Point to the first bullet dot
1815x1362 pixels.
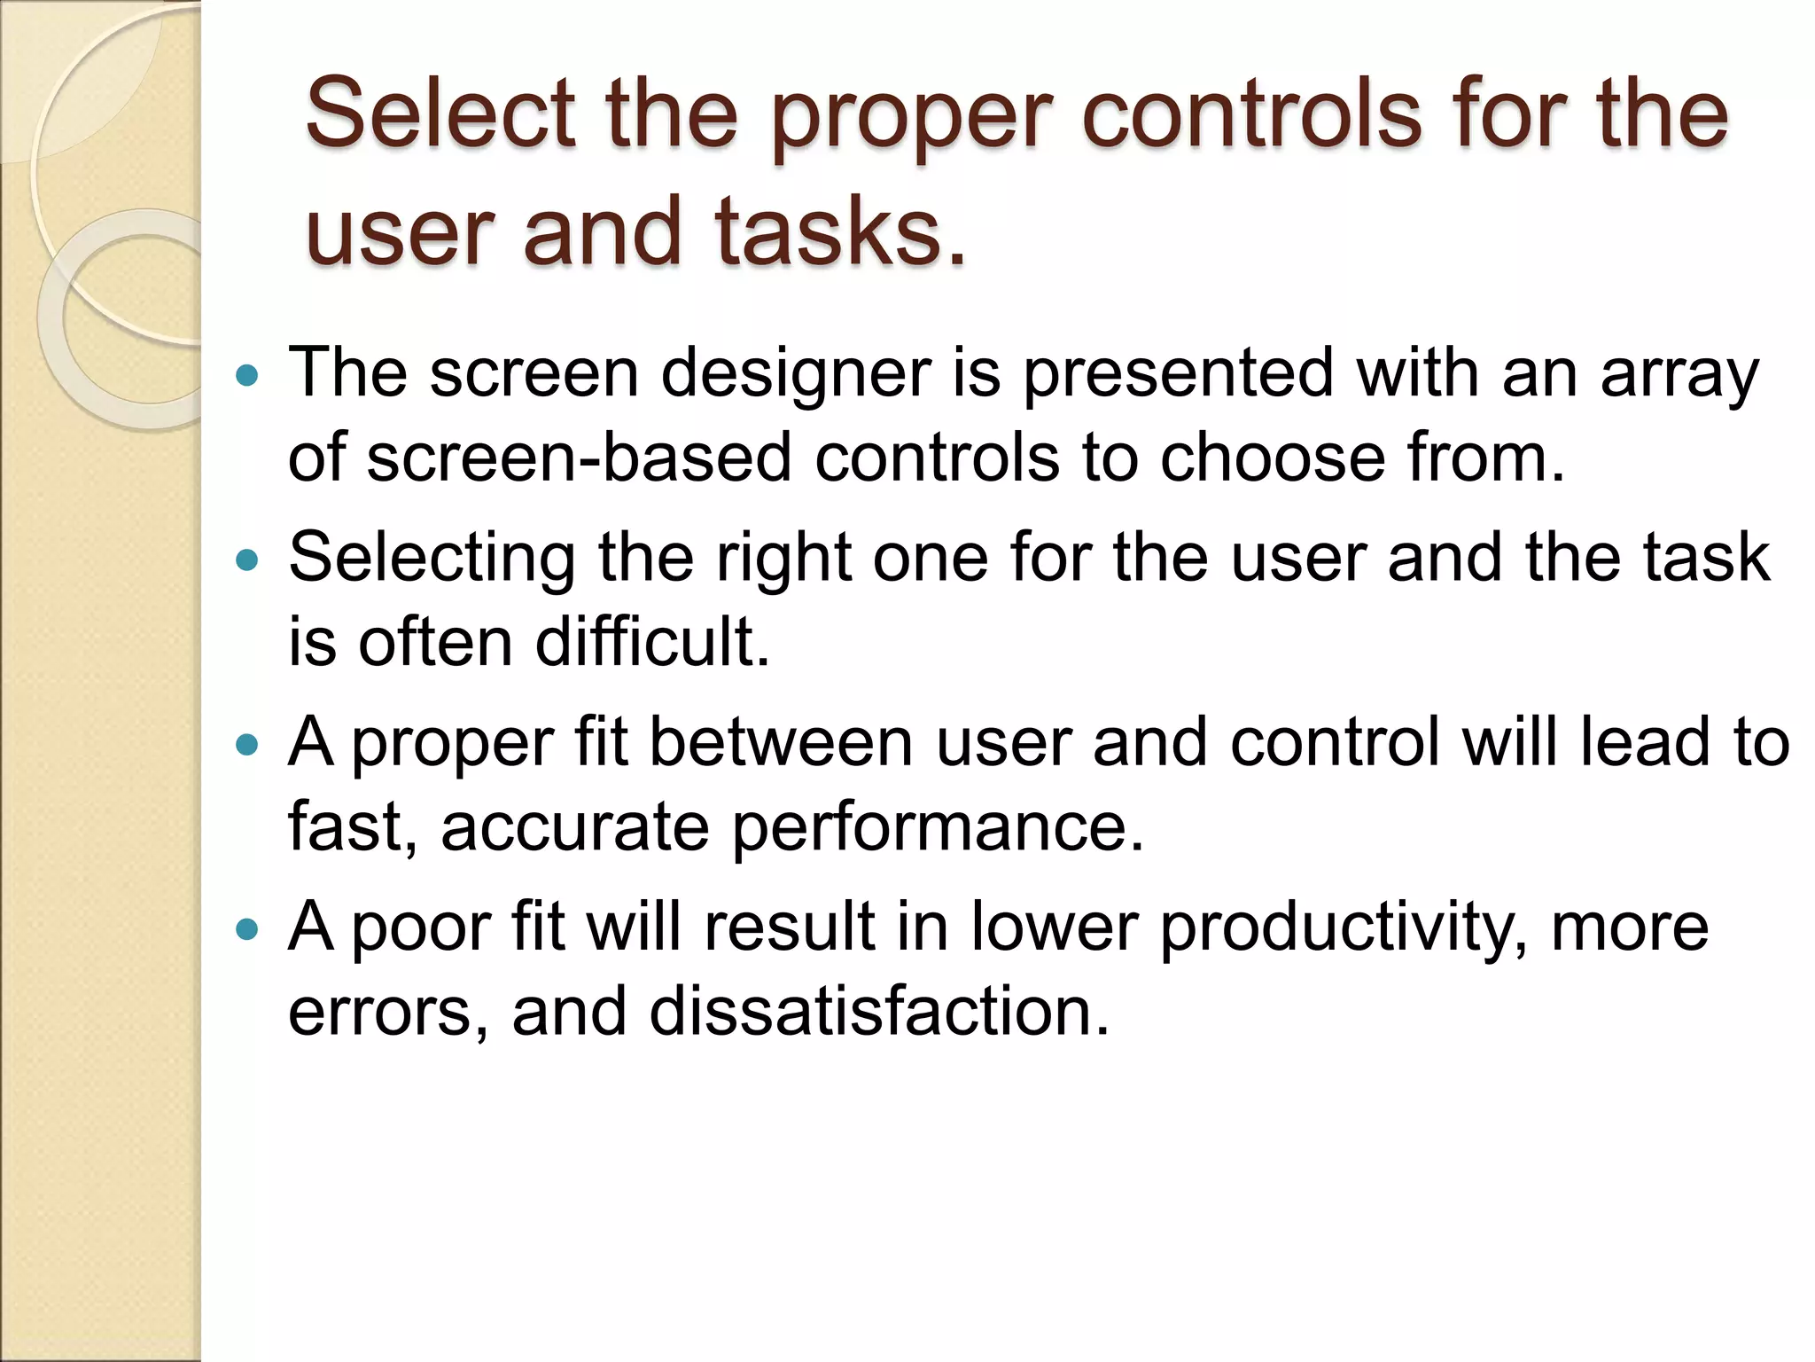point(247,375)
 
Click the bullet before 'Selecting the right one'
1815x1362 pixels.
point(247,560)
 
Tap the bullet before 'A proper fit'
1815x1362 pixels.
point(247,744)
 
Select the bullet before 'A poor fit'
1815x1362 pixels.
point(247,928)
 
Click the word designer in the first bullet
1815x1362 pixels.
point(796,372)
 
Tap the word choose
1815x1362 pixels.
point(1271,458)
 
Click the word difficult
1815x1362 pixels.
point(652,642)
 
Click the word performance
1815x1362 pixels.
point(938,826)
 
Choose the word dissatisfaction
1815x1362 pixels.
point(879,1011)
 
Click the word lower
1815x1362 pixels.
point(1054,926)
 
